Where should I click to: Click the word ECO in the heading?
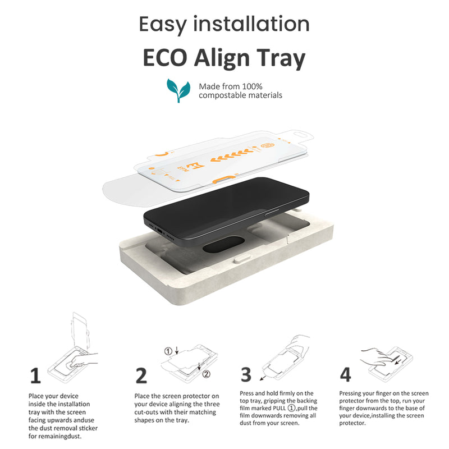[164, 58]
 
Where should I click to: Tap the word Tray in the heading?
[281, 59]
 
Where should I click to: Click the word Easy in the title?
[163, 25]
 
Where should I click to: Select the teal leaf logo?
[178, 90]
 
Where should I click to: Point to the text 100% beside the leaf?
[252, 86]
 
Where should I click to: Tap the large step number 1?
[35, 375]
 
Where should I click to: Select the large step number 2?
[141, 375]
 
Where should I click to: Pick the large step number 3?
[246, 374]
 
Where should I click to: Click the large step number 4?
[345, 374]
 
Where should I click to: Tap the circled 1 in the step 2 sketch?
[168, 351]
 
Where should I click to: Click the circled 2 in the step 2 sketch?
[207, 374]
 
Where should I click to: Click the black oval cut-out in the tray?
[223, 244]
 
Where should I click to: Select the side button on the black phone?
[272, 212]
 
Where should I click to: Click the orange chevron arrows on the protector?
[232, 155]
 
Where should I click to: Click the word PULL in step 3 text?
[280, 408]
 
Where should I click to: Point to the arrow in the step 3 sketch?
[263, 378]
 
